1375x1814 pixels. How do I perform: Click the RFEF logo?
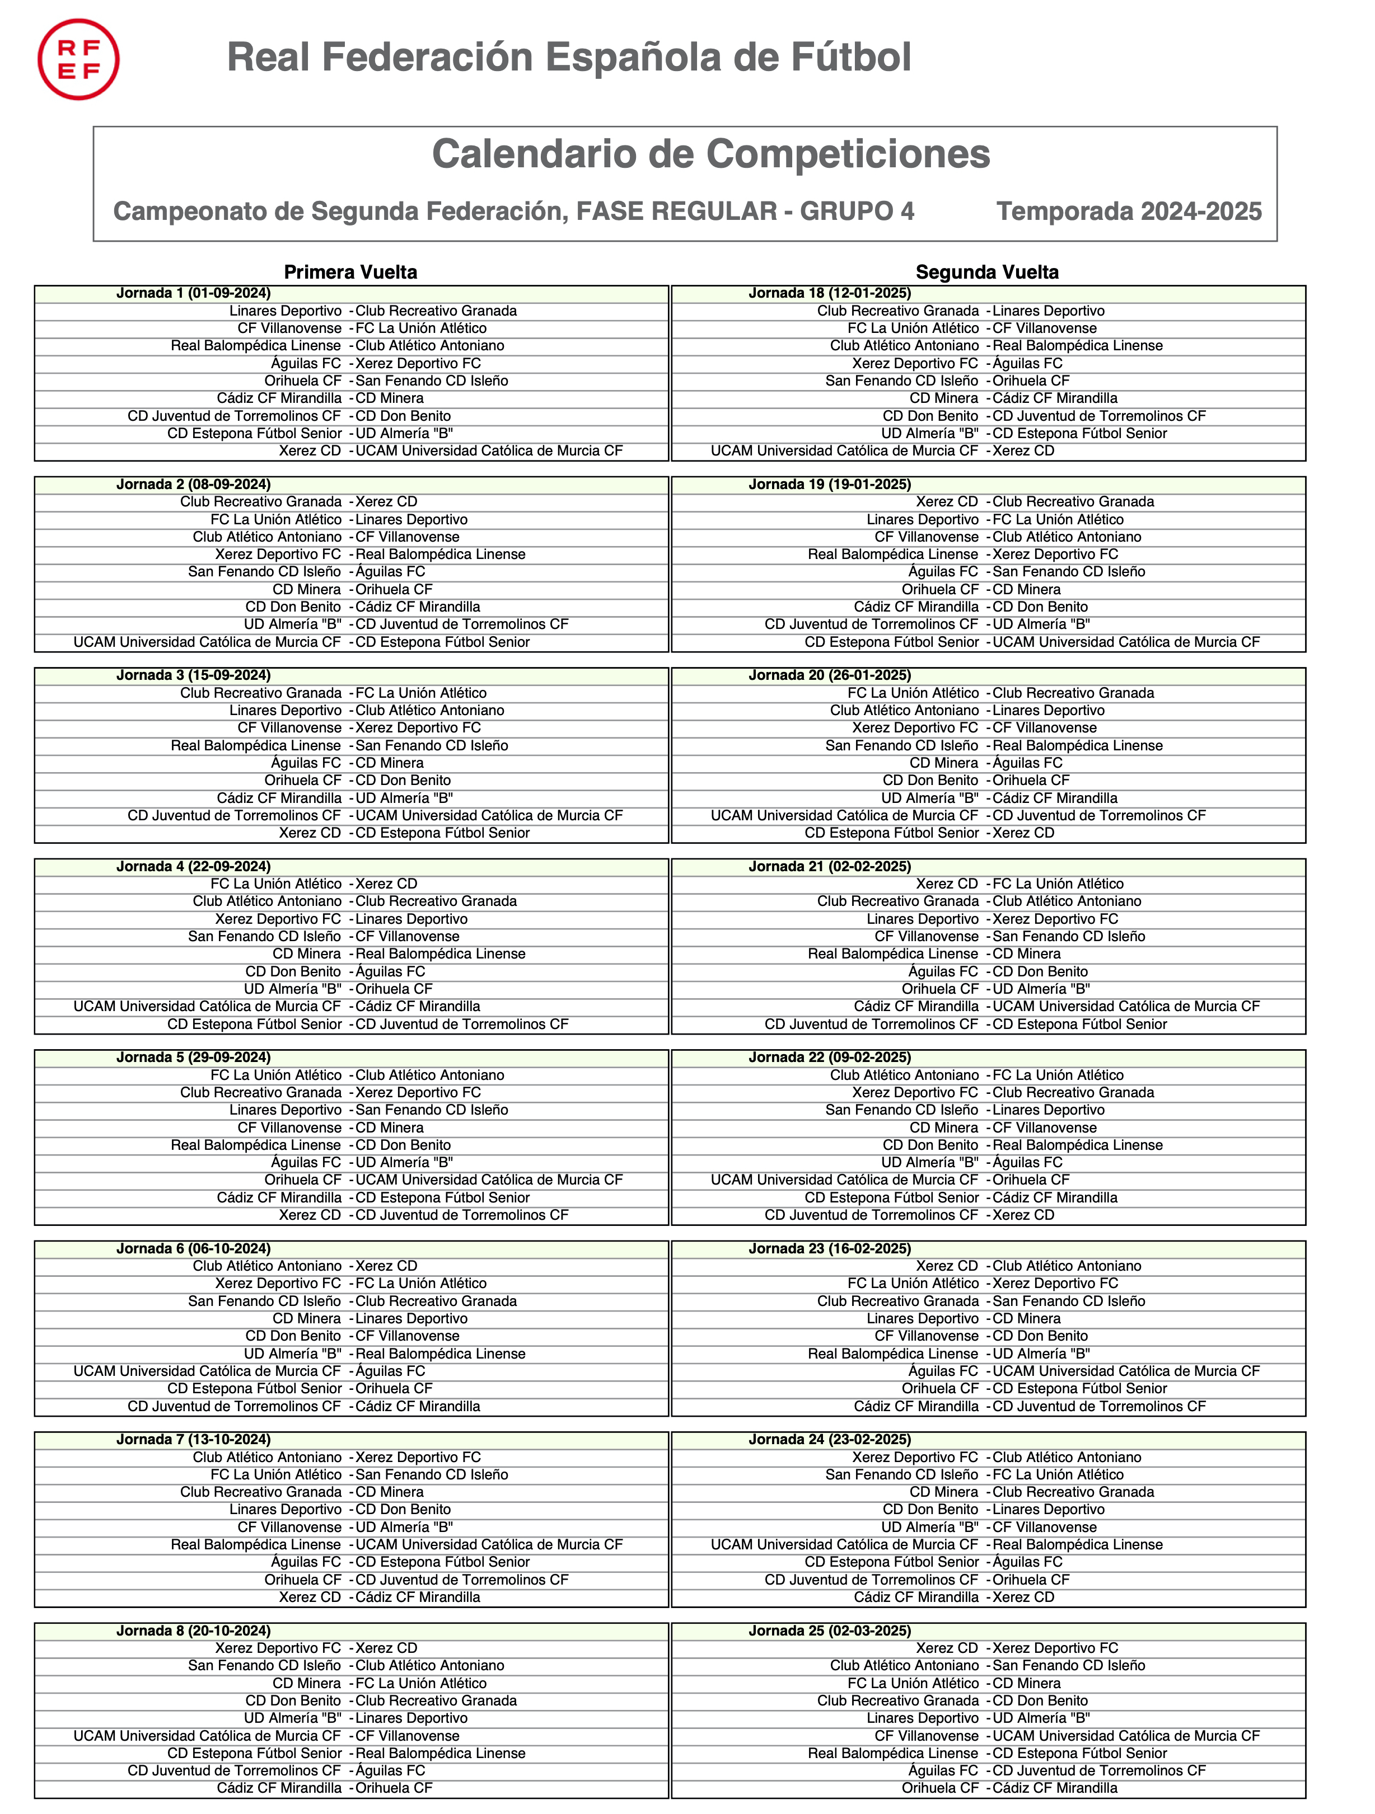(x=79, y=60)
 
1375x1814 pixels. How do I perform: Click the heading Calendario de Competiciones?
(x=710, y=154)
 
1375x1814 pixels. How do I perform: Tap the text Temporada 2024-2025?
(x=1129, y=212)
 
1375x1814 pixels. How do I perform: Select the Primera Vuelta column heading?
(x=350, y=272)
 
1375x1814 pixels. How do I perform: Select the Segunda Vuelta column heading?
(x=987, y=272)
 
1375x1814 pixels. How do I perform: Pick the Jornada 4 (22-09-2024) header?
(x=194, y=867)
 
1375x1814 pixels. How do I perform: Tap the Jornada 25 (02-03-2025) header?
(x=830, y=1630)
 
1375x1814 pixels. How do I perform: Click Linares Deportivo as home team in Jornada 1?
(x=286, y=311)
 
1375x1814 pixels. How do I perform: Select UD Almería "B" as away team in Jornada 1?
(x=404, y=433)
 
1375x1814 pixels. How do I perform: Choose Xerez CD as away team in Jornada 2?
(x=386, y=502)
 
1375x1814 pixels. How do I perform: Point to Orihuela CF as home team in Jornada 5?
(x=303, y=1180)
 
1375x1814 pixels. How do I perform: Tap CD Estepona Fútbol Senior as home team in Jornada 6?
(x=254, y=1388)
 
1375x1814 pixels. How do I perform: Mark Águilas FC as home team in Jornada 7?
(x=306, y=1562)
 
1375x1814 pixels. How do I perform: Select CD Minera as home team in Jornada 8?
(x=307, y=1683)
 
